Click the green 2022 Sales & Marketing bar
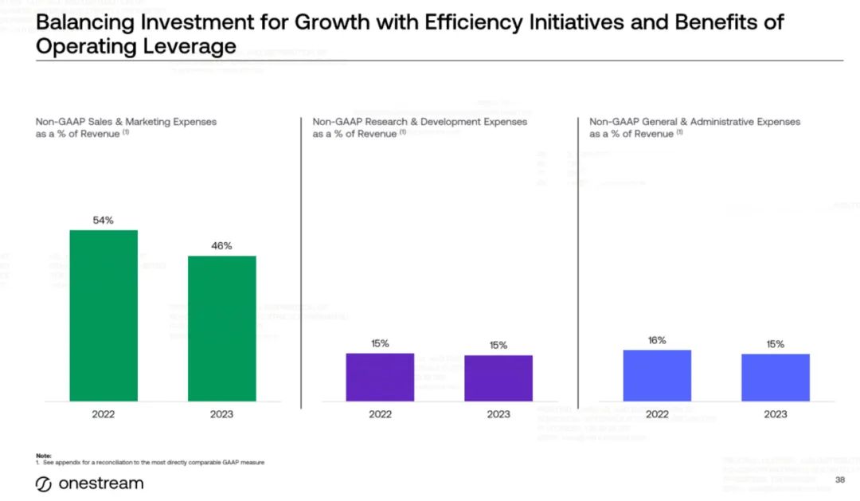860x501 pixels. pyautogui.click(x=104, y=315)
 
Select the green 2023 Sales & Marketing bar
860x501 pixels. pyautogui.click(x=221, y=328)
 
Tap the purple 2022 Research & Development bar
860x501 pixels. pyautogui.click(x=380, y=377)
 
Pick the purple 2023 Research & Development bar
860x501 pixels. pyautogui.click(x=498, y=378)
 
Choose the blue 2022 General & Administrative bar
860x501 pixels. pyautogui.click(x=657, y=375)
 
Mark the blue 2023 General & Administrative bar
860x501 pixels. pyautogui.click(x=775, y=377)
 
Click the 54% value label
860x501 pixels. pyautogui.click(x=104, y=221)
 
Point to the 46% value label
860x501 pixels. pyautogui.click(x=221, y=246)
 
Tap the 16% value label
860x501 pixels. pyautogui.click(x=657, y=340)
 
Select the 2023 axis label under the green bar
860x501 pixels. pyautogui.click(x=221, y=414)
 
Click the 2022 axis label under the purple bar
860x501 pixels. pyautogui.click(x=380, y=414)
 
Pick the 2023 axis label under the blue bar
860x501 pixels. pyautogui.click(x=775, y=414)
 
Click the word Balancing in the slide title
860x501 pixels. pyautogui.click(x=86, y=22)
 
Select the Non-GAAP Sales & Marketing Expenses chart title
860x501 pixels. pyautogui.click(x=126, y=122)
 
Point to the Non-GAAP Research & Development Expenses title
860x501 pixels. pyautogui.click(x=420, y=122)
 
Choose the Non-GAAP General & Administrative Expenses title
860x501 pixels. pyautogui.click(x=694, y=122)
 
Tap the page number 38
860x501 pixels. pyautogui.click(x=839, y=480)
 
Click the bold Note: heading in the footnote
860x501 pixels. pyautogui.click(x=43, y=455)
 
